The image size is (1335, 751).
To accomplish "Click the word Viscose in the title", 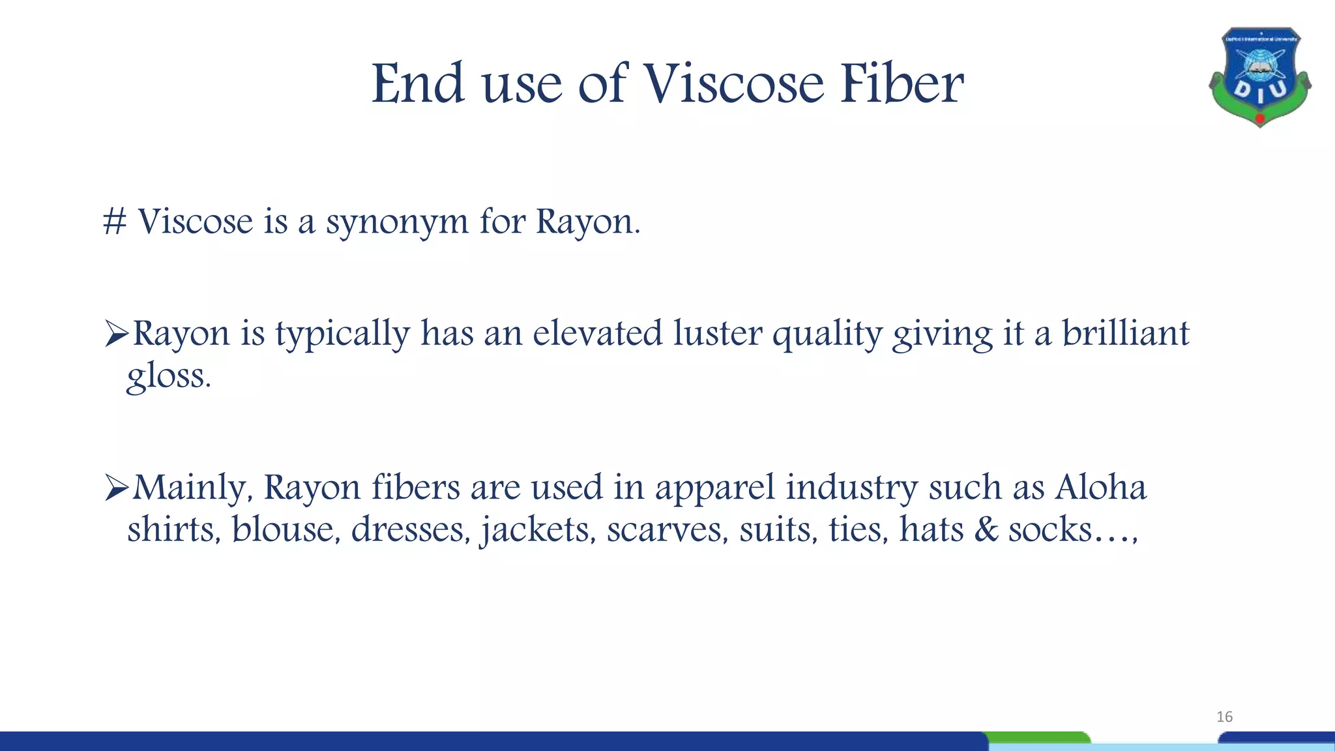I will [734, 85].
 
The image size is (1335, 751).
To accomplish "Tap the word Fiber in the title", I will [902, 85].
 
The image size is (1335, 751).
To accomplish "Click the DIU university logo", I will [1259, 77].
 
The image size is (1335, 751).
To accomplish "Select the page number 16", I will [1224, 717].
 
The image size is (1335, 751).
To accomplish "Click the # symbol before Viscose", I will [115, 222].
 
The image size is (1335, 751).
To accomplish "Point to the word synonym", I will [397, 223].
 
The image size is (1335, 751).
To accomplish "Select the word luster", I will [717, 333].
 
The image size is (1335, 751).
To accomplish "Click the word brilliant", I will [1126, 333].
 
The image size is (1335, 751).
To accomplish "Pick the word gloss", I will [168, 376].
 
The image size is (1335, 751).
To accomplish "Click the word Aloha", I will [1100, 488].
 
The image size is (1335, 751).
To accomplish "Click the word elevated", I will [597, 333].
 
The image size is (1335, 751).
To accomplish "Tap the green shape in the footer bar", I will [1038, 737].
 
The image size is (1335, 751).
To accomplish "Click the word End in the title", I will [418, 85].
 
